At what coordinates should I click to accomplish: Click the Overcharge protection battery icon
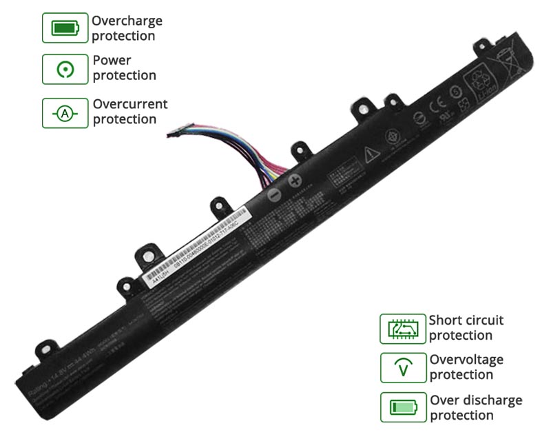[65, 28]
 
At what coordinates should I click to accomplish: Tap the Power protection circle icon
[65, 69]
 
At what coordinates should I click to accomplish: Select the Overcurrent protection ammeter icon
[65, 113]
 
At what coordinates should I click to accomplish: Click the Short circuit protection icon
[402, 329]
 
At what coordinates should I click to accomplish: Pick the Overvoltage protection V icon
[403, 368]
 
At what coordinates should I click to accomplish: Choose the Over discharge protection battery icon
[403, 407]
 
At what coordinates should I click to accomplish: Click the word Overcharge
[127, 21]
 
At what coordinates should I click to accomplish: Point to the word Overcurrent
[130, 105]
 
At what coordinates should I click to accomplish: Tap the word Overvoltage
[466, 360]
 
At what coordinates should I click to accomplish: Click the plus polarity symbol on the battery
[295, 181]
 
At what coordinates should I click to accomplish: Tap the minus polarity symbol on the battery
[274, 196]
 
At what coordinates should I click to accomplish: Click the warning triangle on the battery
[372, 152]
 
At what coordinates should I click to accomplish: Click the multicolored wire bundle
[227, 148]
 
